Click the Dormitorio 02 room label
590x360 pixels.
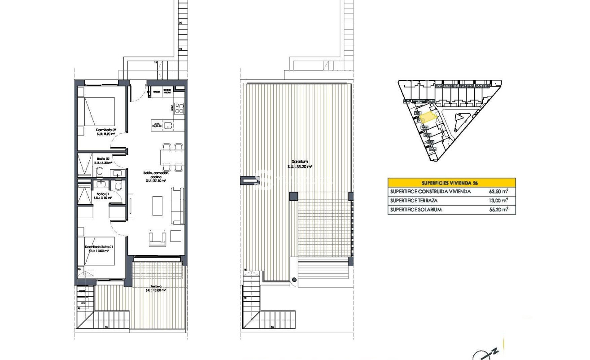[x=106, y=132]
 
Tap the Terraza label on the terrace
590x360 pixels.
[x=156, y=288]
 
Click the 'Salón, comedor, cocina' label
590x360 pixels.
[x=156, y=176]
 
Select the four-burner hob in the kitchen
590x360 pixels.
[x=179, y=108]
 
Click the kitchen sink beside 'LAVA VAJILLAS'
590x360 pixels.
[x=168, y=126]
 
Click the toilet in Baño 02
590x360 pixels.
[x=99, y=172]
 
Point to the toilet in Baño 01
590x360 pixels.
[x=118, y=185]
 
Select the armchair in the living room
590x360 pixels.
[x=157, y=237]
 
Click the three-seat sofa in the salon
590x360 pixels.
[x=178, y=206]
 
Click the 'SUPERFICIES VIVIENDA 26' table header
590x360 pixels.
[x=451, y=183]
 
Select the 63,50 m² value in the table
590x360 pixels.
[x=498, y=192]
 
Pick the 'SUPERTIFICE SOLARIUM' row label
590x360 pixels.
[x=416, y=210]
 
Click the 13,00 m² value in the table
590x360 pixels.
[x=498, y=201]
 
